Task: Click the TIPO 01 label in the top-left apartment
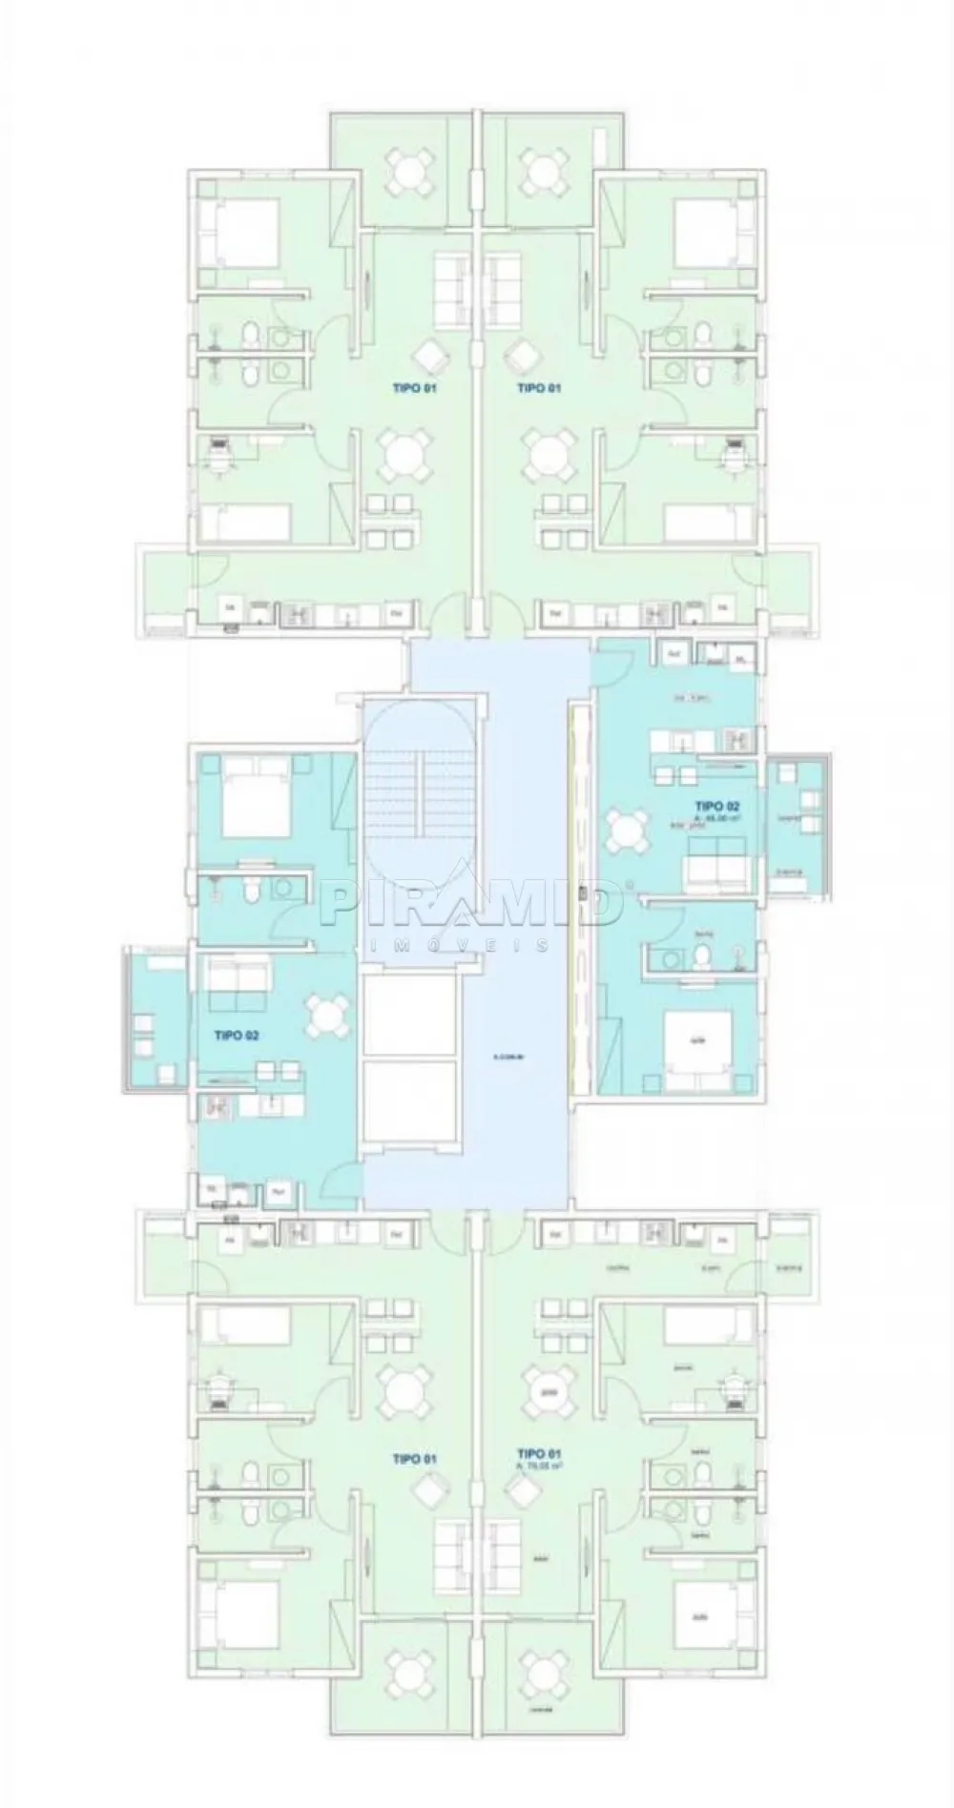click(x=414, y=388)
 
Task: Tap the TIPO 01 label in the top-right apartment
click(x=538, y=388)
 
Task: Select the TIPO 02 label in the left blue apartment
click(x=238, y=1035)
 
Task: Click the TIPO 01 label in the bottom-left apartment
click(x=414, y=1459)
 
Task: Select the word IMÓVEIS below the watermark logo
click(x=459, y=945)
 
